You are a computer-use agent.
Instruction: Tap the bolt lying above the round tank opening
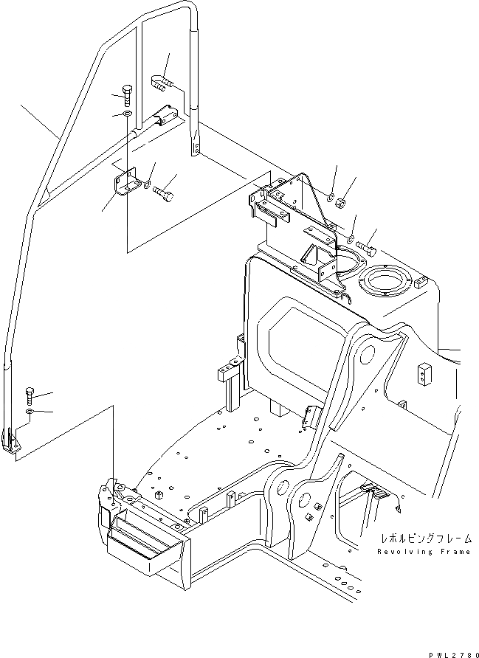pos(365,246)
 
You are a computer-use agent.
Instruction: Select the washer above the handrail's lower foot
pos(29,410)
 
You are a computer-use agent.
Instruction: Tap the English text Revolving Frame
pos(423,552)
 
